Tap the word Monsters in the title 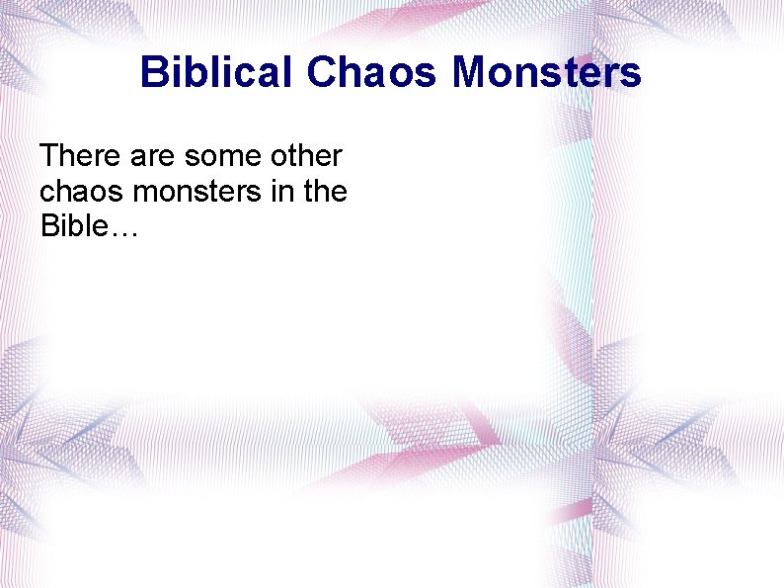(x=547, y=73)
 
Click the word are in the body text (x=150, y=156)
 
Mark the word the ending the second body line (x=325, y=192)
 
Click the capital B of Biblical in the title (x=153, y=73)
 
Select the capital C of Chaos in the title (x=321, y=73)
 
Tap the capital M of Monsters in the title (x=470, y=73)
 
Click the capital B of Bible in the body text (x=49, y=227)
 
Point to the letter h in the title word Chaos (x=349, y=73)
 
